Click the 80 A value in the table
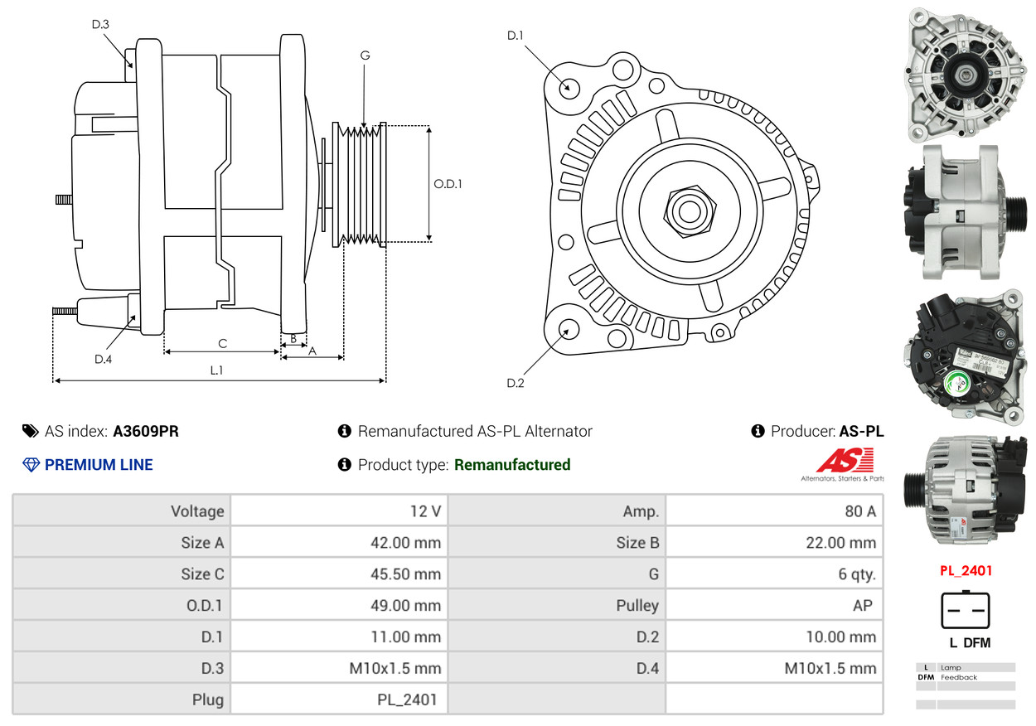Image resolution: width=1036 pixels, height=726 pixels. coord(859,511)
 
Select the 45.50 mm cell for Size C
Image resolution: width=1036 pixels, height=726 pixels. coord(405,574)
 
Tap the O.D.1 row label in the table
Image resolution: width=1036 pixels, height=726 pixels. coord(204,606)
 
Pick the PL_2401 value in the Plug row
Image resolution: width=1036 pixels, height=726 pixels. coord(406,700)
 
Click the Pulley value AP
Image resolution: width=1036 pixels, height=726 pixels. coord(862,606)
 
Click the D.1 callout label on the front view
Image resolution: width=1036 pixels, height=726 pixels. coord(516,36)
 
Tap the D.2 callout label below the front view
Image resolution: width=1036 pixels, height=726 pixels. coord(516,383)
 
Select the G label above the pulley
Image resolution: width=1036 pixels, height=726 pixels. coord(365,56)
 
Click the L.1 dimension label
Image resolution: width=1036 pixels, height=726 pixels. coord(216,370)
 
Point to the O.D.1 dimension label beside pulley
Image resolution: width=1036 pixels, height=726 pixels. coord(448,184)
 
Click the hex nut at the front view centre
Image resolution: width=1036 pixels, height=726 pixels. coord(688,210)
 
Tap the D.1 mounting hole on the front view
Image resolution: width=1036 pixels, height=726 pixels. coord(569,87)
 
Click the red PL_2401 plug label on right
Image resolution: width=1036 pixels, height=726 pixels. coord(966,571)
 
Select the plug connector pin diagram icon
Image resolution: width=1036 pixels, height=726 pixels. coord(966,610)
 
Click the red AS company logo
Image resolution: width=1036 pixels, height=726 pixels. coord(845,460)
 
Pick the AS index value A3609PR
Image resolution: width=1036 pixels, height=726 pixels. coord(146,431)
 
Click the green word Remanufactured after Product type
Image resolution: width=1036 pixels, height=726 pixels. coord(512,465)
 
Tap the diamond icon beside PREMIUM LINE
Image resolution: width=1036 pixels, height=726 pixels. coord(31,465)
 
